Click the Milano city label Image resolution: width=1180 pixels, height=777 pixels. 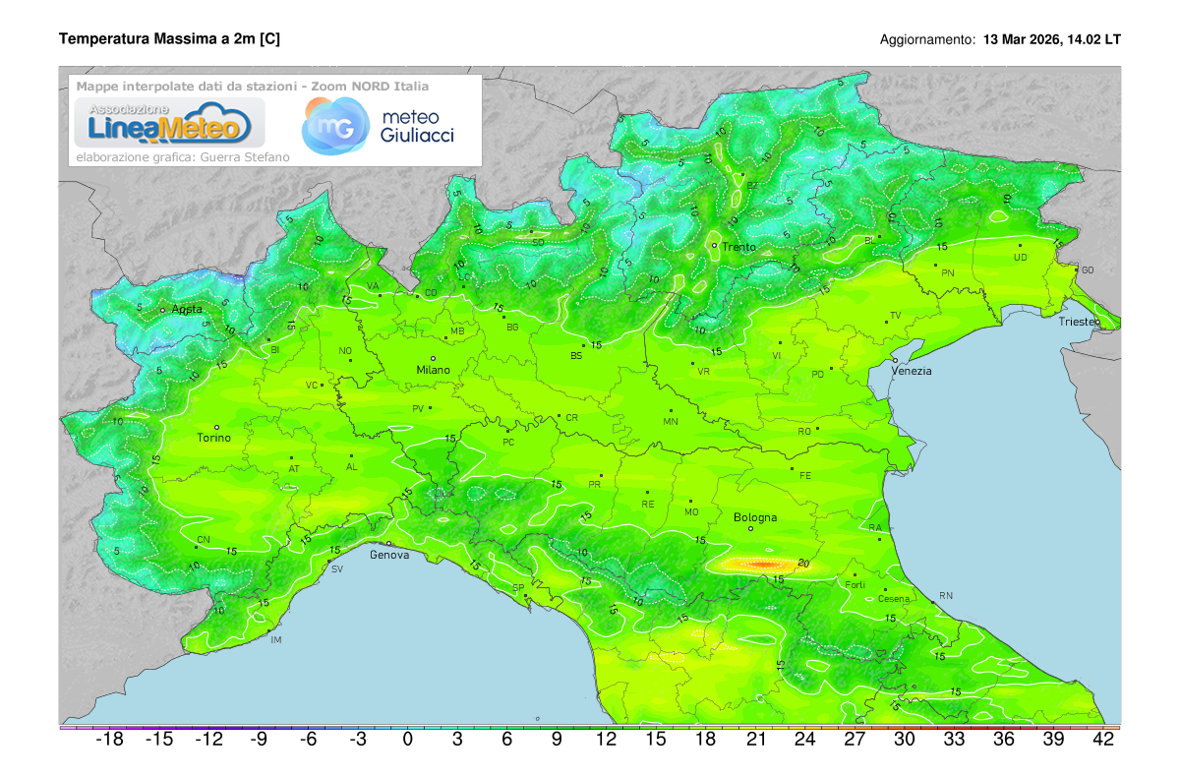coord(433,370)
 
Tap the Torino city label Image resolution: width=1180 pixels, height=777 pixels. coord(213,438)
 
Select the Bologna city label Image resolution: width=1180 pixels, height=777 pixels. coord(755,517)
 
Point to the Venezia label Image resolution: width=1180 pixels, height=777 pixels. coord(912,371)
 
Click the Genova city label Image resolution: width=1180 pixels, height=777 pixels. coord(388,555)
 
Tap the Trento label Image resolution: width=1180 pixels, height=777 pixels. coord(738,247)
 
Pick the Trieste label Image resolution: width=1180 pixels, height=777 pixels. coord(1080,323)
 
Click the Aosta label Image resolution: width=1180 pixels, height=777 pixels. coord(187,309)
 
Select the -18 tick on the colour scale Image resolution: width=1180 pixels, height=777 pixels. coord(109,740)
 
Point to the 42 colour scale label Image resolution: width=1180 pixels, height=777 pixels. coord(1104,740)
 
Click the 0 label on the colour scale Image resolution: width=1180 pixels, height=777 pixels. coord(408,740)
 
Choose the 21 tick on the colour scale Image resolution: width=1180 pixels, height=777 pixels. coord(756,740)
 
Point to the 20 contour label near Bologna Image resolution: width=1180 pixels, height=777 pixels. coord(804,563)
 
